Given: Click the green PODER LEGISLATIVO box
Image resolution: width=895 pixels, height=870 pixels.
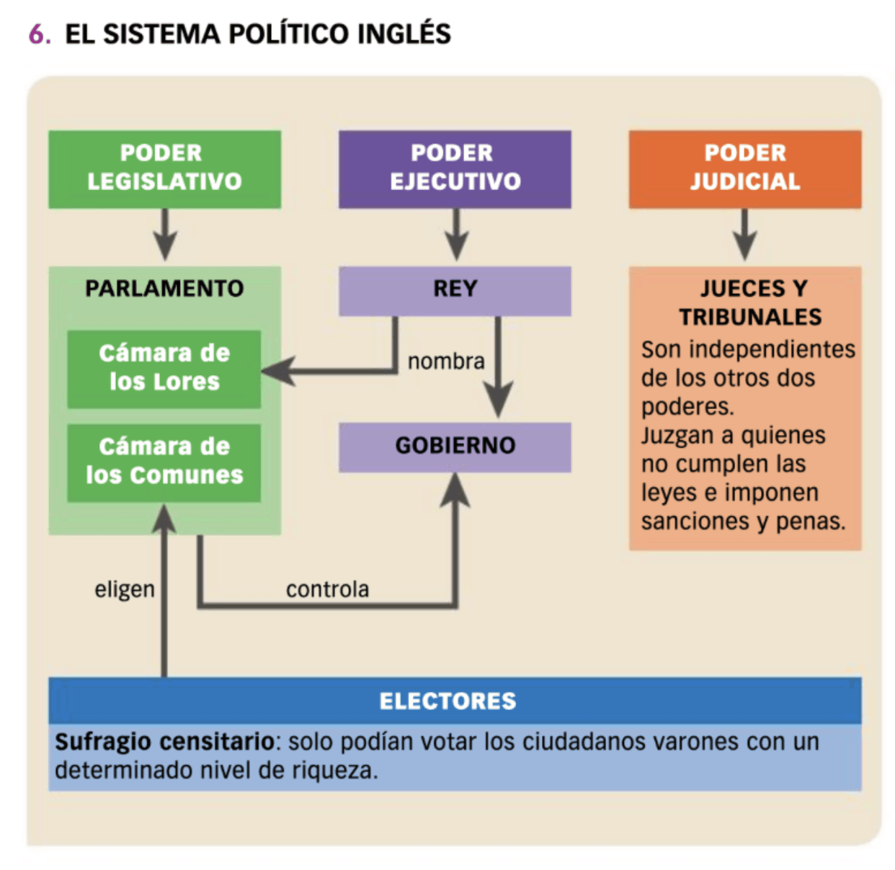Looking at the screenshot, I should [164, 169].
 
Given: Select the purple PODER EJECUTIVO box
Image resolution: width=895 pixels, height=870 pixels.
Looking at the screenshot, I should [455, 169].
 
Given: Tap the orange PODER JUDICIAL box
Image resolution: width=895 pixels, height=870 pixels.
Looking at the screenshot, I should [744, 169].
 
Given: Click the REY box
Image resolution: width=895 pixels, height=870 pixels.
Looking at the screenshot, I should [455, 290].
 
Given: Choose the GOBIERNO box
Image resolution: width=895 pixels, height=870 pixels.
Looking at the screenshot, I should [455, 447].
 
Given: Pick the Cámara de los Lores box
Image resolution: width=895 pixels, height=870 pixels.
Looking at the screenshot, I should [164, 369].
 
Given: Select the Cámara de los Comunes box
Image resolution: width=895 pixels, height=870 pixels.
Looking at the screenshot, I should [164, 462].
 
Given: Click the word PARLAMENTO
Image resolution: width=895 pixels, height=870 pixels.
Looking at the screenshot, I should [164, 289].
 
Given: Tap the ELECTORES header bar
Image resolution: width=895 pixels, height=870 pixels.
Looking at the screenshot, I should [447, 701].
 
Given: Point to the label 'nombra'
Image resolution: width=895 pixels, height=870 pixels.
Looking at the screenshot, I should [446, 361].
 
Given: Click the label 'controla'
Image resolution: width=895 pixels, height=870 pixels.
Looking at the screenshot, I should [327, 589].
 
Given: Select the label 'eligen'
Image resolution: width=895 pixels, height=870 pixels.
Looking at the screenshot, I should [125, 589].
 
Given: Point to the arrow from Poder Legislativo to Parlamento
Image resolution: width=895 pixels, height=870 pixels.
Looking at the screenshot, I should [165, 235].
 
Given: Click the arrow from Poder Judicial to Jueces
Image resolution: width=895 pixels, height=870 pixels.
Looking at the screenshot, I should [744, 235].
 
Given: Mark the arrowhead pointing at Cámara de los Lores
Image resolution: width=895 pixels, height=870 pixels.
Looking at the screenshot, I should [277, 370].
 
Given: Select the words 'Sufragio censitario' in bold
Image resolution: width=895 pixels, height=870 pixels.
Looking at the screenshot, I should [164, 741].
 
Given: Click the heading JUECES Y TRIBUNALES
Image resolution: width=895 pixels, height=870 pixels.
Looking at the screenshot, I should [749, 302].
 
